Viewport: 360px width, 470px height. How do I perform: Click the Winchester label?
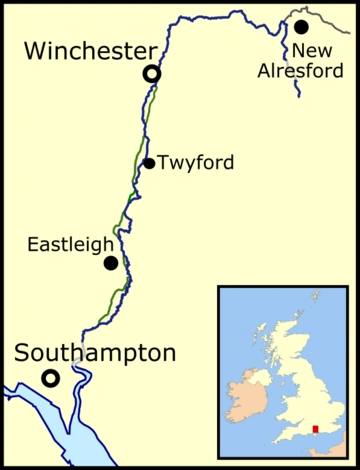click(x=79, y=51)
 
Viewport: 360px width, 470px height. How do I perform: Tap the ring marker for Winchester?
click(x=151, y=73)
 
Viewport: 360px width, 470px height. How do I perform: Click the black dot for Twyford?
click(x=149, y=163)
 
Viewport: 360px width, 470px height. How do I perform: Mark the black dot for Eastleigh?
click(x=111, y=263)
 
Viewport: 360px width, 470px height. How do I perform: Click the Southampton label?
click(x=95, y=353)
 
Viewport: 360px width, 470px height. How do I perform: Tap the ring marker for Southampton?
click(x=48, y=377)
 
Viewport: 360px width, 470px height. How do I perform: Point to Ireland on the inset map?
click(x=246, y=395)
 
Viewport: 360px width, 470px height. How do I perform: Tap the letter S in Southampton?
click(x=24, y=353)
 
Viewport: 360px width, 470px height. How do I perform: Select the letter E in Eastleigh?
click(x=32, y=243)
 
